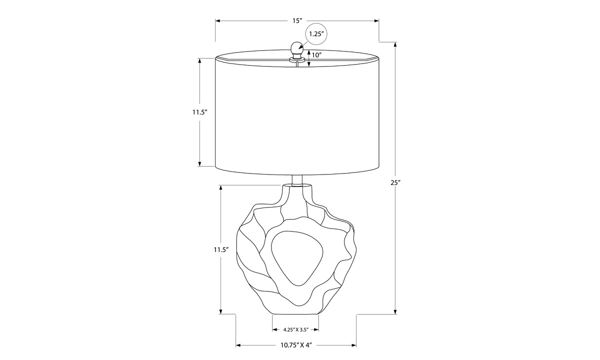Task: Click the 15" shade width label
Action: (x=297, y=21)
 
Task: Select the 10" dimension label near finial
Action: (x=316, y=55)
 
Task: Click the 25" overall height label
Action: (x=395, y=182)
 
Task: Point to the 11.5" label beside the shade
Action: (x=200, y=112)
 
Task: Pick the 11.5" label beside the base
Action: (x=221, y=249)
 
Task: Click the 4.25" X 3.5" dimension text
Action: (x=296, y=329)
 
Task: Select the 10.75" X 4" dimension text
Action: (x=296, y=345)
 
